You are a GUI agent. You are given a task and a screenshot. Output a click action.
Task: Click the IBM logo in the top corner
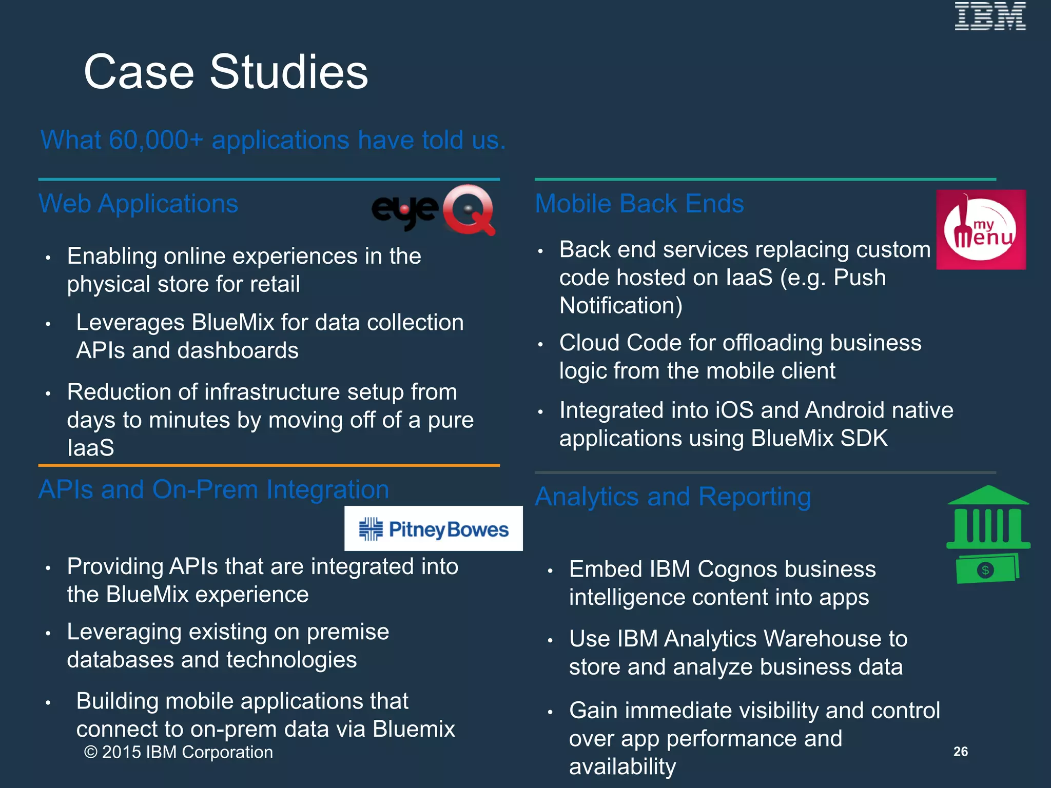point(990,16)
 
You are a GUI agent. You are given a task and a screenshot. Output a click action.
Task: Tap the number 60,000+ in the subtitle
point(156,140)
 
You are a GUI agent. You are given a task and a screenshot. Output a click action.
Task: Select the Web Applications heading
point(139,204)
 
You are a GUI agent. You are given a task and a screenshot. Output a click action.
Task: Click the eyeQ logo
point(434,210)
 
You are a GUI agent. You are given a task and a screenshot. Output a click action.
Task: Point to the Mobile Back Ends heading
point(639,204)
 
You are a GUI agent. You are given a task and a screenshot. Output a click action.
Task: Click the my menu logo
point(981,230)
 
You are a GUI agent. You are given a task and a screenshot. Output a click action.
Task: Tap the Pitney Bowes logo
point(434,529)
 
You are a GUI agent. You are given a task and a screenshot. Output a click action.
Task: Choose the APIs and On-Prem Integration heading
point(213,489)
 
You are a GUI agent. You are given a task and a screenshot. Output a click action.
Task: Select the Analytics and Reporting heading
point(673,497)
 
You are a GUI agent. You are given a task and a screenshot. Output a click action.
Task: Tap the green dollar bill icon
point(987,569)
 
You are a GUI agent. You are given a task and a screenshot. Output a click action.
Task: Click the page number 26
point(960,752)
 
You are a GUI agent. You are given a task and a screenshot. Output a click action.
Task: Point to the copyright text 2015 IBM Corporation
point(179,752)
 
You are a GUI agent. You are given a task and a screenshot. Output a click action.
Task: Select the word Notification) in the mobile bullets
point(621,306)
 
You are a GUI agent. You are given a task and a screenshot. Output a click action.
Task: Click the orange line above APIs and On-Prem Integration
point(269,465)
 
